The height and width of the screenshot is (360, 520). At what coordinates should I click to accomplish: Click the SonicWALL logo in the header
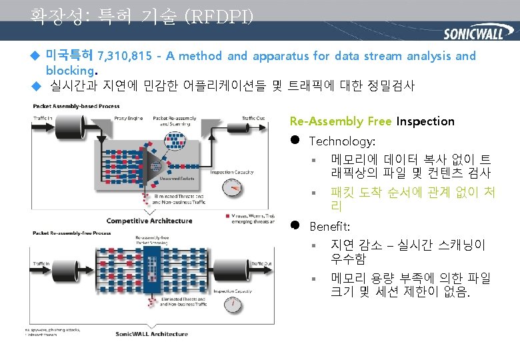(x=473, y=34)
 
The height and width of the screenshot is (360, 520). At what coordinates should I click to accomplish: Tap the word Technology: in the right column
(x=342, y=141)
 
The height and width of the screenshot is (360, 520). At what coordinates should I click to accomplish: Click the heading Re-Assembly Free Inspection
(x=371, y=121)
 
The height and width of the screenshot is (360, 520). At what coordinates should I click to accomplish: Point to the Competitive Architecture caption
(x=149, y=221)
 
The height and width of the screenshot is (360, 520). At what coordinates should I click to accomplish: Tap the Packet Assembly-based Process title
(x=76, y=106)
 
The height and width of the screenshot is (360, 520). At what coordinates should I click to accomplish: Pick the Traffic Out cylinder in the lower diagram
(x=255, y=275)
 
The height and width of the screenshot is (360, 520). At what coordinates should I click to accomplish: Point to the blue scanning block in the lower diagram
(x=153, y=273)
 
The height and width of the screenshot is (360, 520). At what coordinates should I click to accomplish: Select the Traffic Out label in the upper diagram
(x=252, y=118)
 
